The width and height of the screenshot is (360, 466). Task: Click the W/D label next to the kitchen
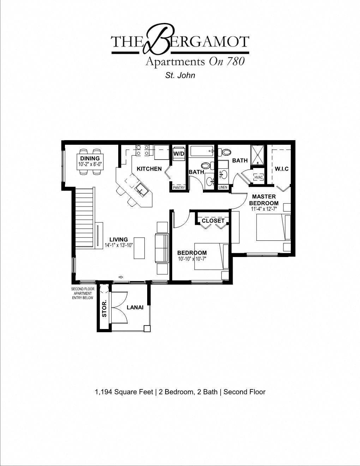[179, 154]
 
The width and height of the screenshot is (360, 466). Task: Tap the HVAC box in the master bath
[259, 177]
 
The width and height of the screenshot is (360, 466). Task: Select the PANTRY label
[179, 187]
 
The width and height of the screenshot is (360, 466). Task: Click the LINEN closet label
[223, 187]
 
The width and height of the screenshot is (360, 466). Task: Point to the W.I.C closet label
[282, 169]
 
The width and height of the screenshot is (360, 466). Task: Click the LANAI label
[135, 307]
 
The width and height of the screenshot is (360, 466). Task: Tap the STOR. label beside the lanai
[104, 309]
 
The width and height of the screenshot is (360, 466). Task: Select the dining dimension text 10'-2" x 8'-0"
[90, 164]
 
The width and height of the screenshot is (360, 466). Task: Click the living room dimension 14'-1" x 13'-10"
[119, 245]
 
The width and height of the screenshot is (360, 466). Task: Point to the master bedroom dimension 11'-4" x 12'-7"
[264, 209]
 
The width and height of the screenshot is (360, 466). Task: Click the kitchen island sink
[140, 190]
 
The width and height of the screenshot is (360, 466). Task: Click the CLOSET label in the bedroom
[213, 221]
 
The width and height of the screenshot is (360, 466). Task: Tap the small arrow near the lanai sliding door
[121, 277]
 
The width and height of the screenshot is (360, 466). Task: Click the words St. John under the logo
[180, 75]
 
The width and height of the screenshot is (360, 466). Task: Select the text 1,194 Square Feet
[124, 392]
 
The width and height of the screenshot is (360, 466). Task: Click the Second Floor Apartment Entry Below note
[83, 293]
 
